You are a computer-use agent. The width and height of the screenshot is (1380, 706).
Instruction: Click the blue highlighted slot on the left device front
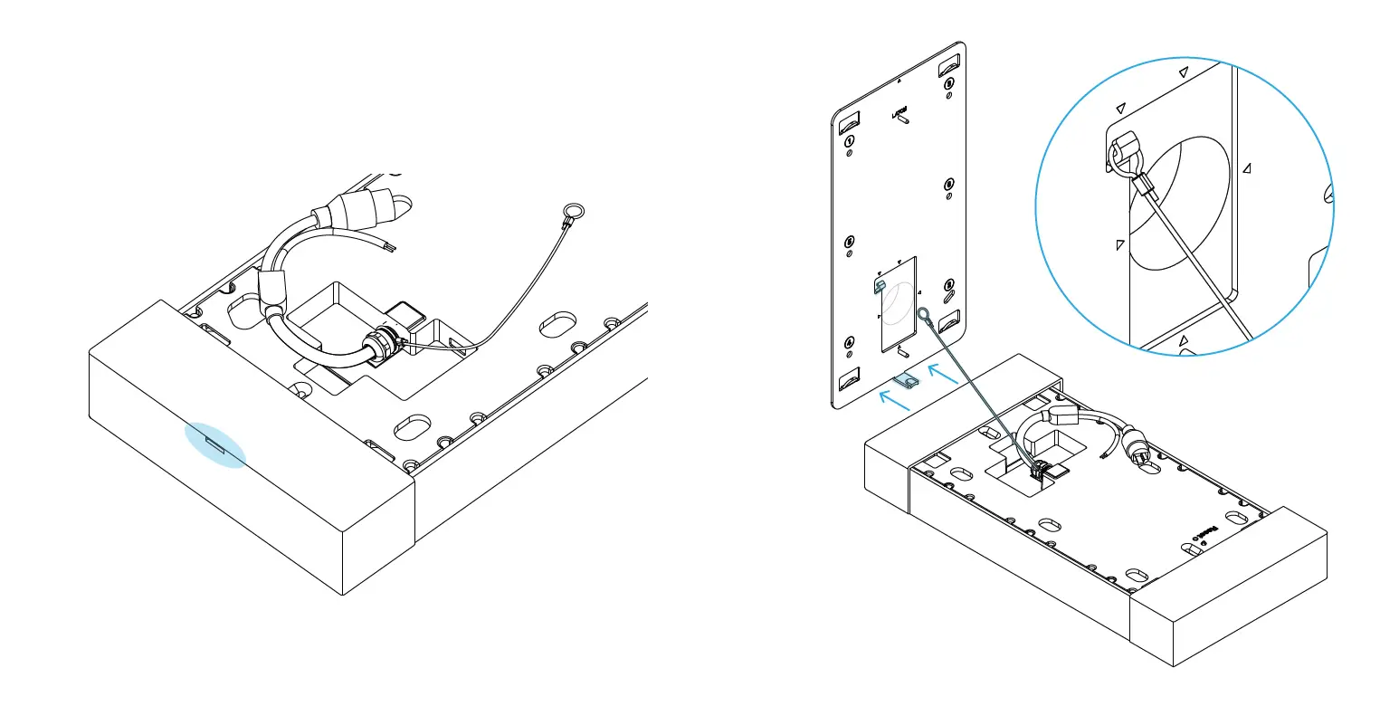point(215,443)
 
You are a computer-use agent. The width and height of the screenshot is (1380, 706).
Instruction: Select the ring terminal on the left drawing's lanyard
point(571,216)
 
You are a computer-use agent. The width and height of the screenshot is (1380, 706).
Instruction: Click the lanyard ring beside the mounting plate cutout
point(924,315)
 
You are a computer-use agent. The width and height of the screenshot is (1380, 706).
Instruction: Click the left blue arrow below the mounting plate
point(896,399)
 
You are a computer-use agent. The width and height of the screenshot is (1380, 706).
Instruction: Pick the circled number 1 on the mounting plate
point(850,142)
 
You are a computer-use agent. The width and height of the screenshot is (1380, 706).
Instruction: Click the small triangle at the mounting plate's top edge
point(898,80)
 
